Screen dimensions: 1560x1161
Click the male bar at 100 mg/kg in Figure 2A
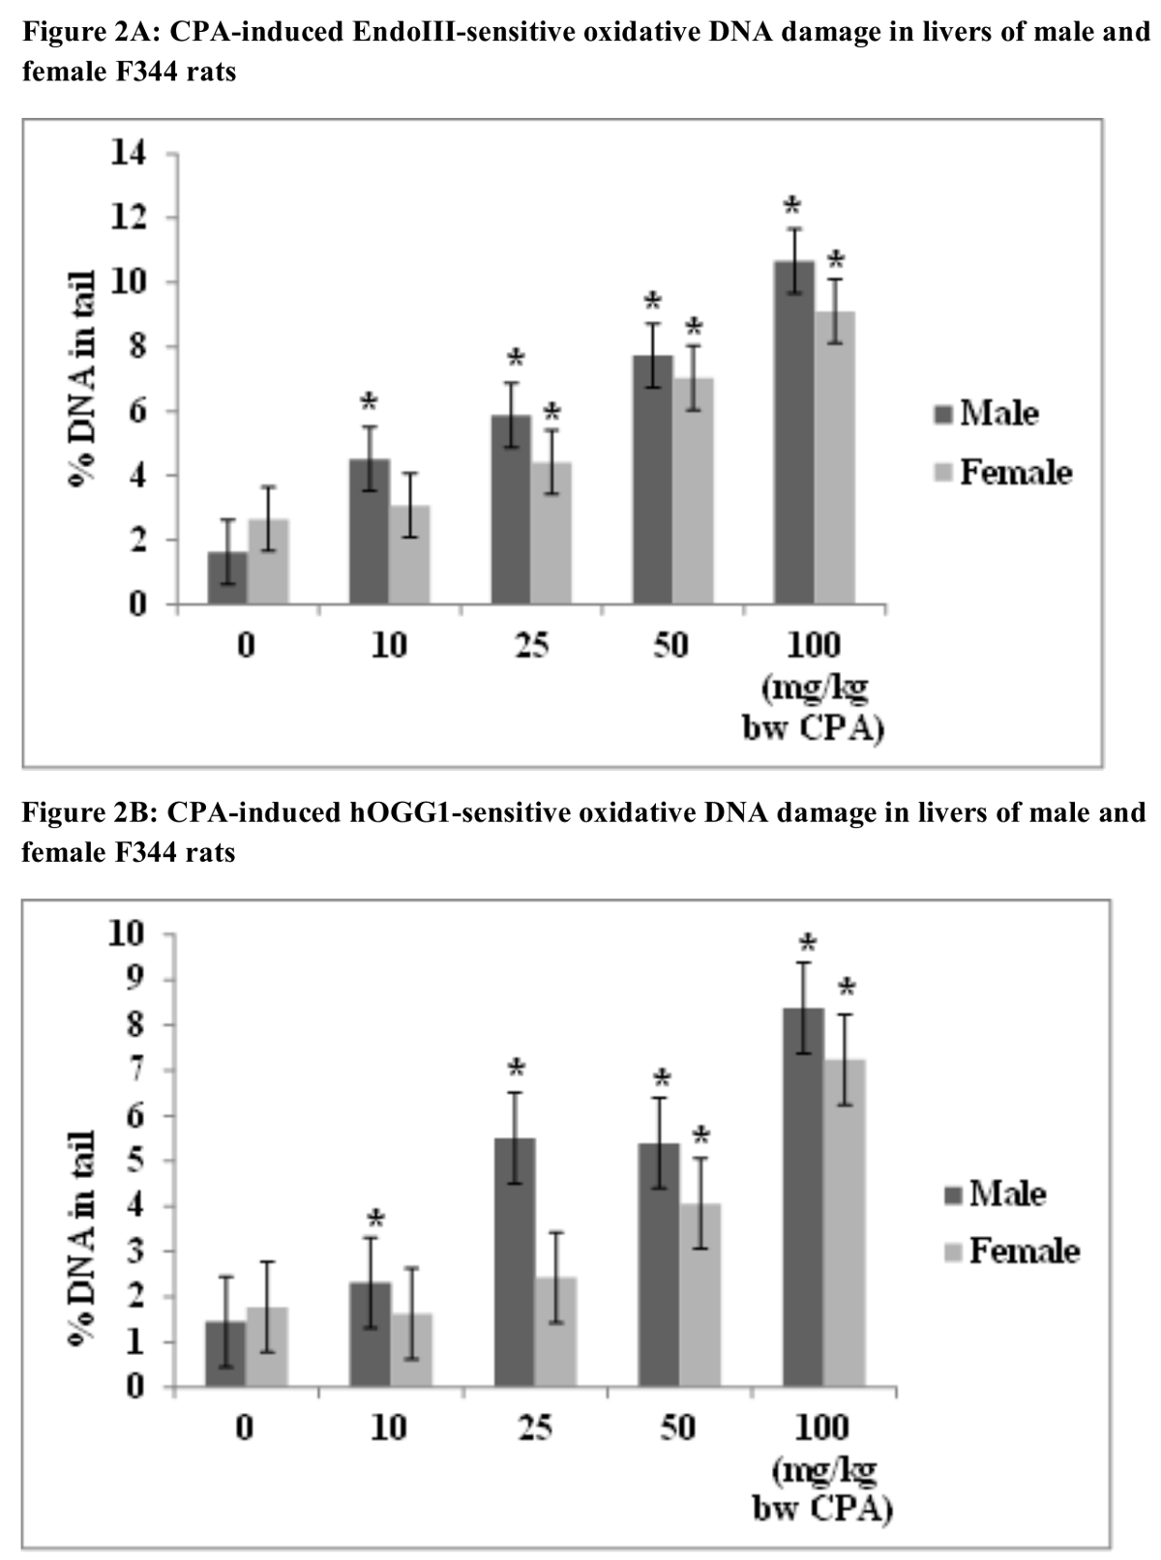793,435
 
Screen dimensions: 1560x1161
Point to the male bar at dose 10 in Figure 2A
369,532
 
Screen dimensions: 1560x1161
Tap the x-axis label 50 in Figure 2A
670,645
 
